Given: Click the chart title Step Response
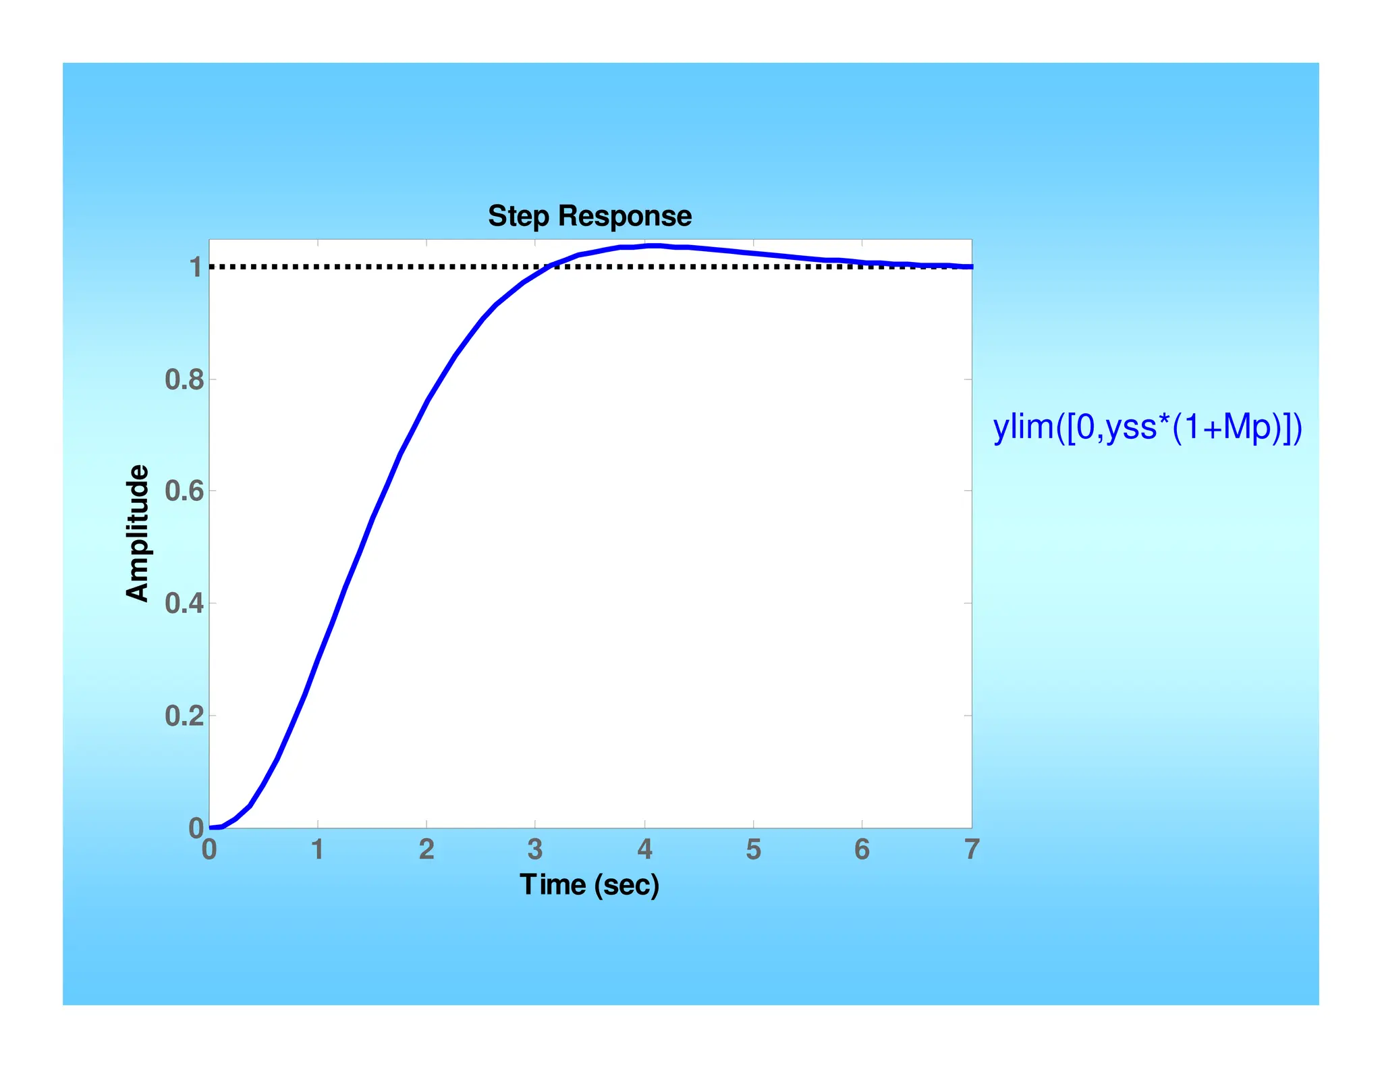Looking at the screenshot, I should (x=589, y=216).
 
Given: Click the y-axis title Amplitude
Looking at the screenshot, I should (x=137, y=533).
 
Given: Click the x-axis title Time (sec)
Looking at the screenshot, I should (x=589, y=884).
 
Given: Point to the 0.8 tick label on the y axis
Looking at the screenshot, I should (x=184, y=380).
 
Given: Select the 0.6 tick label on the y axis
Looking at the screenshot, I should (x=184, y=491).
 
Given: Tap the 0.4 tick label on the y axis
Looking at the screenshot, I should (x=184, y=604).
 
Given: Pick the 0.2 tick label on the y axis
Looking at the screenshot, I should (x=184, y=716).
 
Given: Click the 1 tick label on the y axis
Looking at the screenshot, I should (x=196, y=268).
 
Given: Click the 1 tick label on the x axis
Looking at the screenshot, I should (x=317, y=850).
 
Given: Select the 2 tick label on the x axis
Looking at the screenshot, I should (x=426, y=850).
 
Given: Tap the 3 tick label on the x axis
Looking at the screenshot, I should (x=535, y=850).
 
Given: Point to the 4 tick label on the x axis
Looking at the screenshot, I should (x=644, y=850).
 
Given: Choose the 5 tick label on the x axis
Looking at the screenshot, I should (x=753, y=850).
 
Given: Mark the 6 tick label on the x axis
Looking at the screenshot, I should (x=862, y=850).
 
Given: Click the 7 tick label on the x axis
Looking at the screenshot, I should (x=971, y=850).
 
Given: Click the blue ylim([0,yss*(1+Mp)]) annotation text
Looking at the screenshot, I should (x=1147, y=427).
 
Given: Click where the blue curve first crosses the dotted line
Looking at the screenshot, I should (x=552, y=266).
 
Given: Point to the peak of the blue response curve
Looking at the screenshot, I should (x=653, y=246).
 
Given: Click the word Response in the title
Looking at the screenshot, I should (x=624, y=216).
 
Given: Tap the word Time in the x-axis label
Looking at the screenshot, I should (x=552, y=884).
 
